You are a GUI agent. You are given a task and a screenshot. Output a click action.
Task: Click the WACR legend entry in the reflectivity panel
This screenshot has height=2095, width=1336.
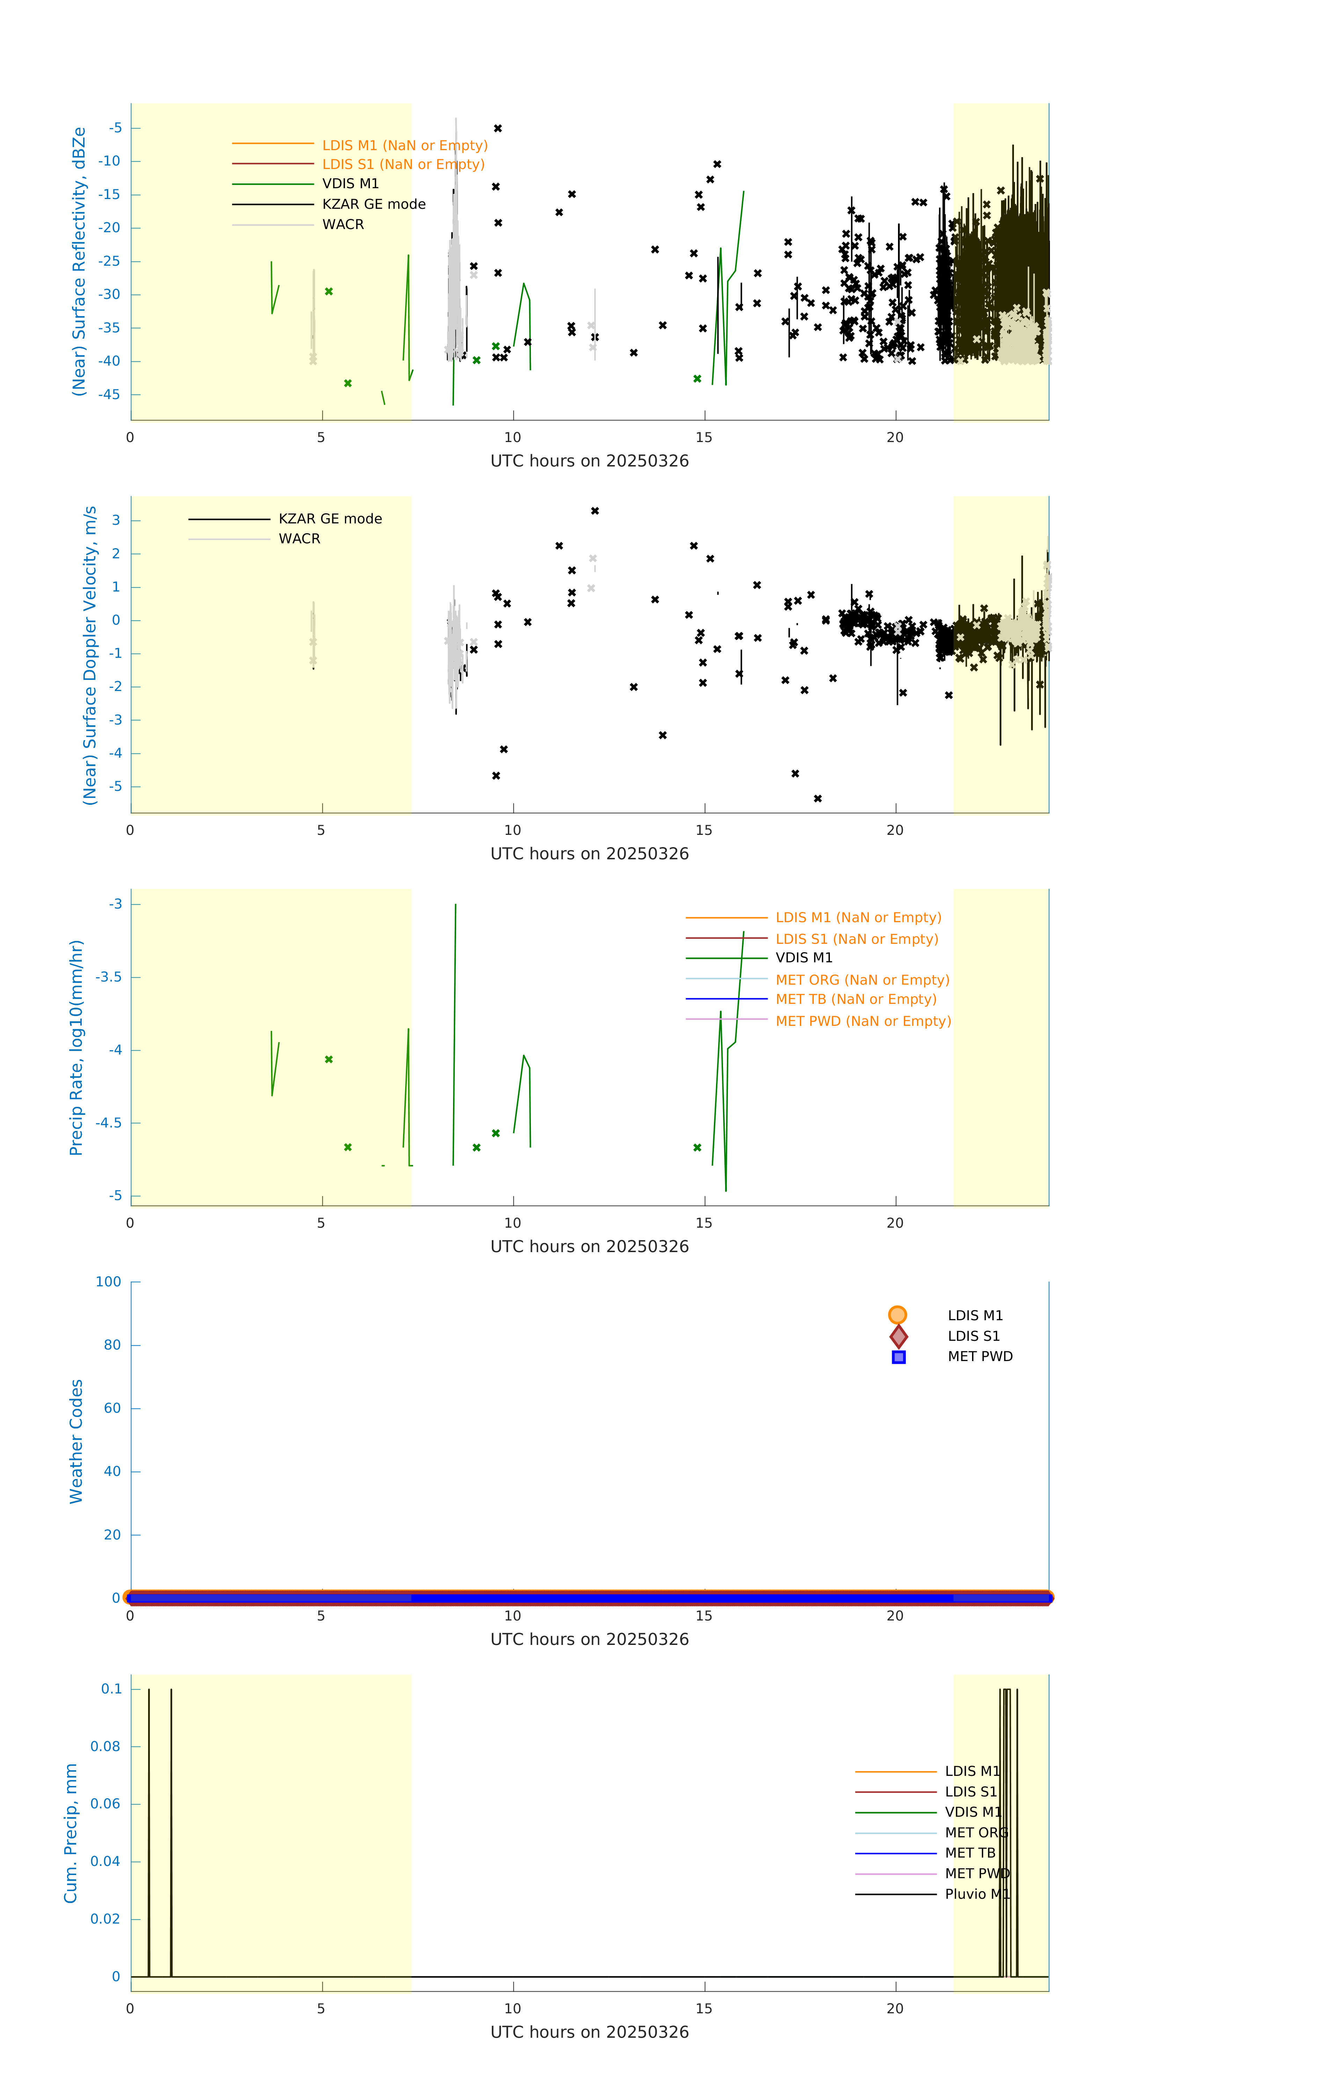pyautogui.click(x=343, y=225)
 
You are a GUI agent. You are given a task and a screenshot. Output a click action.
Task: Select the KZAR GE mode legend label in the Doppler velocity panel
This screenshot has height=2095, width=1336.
pyautogui.click(x=330, y=519)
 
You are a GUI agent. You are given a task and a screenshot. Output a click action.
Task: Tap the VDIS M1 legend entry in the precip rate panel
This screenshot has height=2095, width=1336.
pyautogui.click(x=803, y=958)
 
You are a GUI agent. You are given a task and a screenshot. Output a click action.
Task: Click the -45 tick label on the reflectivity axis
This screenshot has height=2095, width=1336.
pyautogui.click(x=110, y=395)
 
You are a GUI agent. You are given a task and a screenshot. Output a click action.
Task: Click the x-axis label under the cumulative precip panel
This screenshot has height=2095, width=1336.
pyautogui.click(x=589, y=2032)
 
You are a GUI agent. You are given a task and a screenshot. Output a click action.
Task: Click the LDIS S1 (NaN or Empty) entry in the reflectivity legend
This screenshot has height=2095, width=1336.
pyautogui.click(x=403, y=164)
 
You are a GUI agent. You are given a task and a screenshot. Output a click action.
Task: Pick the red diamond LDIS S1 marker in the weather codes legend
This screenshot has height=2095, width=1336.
pyautogui.click(x=898, y=1336)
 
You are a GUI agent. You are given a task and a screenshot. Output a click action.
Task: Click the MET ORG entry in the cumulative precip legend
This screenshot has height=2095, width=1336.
pyautogui.click(x=976, y=1832)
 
